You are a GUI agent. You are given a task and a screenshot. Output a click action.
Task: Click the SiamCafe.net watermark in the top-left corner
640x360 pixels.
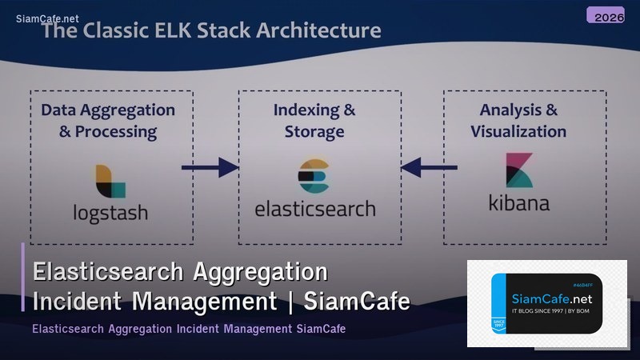(47, 18)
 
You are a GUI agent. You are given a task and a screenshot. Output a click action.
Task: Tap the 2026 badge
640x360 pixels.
(606, 15)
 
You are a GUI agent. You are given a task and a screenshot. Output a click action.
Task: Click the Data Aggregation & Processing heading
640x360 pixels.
(108, 120)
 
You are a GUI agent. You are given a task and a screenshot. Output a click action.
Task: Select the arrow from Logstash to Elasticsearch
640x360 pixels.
(210, 167)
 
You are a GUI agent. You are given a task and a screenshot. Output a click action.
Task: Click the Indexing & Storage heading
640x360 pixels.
(314, 120)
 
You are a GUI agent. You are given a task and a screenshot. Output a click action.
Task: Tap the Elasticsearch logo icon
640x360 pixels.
(314, 177)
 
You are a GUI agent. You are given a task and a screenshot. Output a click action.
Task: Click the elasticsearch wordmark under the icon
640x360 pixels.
(314, 209)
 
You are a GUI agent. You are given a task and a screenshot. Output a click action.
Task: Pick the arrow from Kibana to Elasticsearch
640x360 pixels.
(430, 167)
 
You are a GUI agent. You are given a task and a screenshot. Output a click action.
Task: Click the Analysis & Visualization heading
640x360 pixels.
(518, 120)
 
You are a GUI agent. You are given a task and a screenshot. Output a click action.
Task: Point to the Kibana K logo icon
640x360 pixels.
(519, 169)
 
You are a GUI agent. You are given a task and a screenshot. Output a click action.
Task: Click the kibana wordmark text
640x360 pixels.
(519, 203)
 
